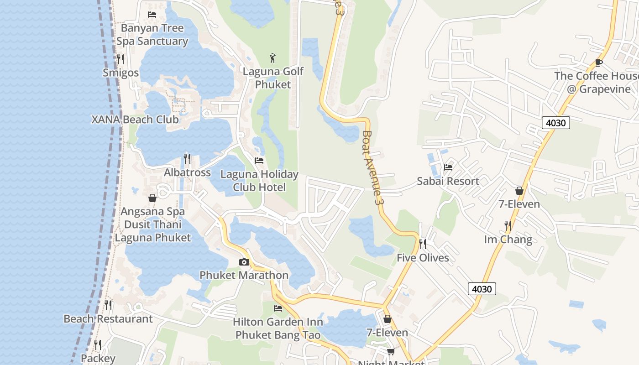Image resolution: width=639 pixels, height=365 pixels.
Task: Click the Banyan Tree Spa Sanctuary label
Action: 152,35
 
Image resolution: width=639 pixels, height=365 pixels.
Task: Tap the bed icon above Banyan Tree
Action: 152,15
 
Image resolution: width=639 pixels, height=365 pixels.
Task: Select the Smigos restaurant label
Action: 120,73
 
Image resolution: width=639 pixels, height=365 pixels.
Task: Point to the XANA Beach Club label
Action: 135,120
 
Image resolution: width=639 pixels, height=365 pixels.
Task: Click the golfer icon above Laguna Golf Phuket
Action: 273,58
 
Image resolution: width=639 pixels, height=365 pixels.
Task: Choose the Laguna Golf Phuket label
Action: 273,78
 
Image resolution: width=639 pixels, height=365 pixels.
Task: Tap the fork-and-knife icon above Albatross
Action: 187,159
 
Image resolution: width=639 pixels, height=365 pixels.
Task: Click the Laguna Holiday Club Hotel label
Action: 259,181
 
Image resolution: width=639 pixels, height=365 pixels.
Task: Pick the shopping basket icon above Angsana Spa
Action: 152,198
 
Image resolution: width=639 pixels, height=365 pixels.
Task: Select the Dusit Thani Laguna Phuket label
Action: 153,231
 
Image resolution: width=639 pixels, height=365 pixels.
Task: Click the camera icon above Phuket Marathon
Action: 244,262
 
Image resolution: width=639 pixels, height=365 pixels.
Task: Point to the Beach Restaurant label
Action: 108,318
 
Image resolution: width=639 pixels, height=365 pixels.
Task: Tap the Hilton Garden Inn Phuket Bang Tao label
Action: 278,328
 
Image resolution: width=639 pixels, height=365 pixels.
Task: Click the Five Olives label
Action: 423,258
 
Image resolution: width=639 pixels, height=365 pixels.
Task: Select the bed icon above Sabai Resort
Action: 448,167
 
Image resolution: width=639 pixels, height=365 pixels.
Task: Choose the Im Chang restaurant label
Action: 508,240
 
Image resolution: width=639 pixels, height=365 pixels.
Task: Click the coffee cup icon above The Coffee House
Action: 599,63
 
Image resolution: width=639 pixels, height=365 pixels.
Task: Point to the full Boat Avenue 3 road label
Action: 372,167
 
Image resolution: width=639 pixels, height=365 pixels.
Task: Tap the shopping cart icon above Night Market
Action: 391,351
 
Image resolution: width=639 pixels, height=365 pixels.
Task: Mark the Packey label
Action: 98,359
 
